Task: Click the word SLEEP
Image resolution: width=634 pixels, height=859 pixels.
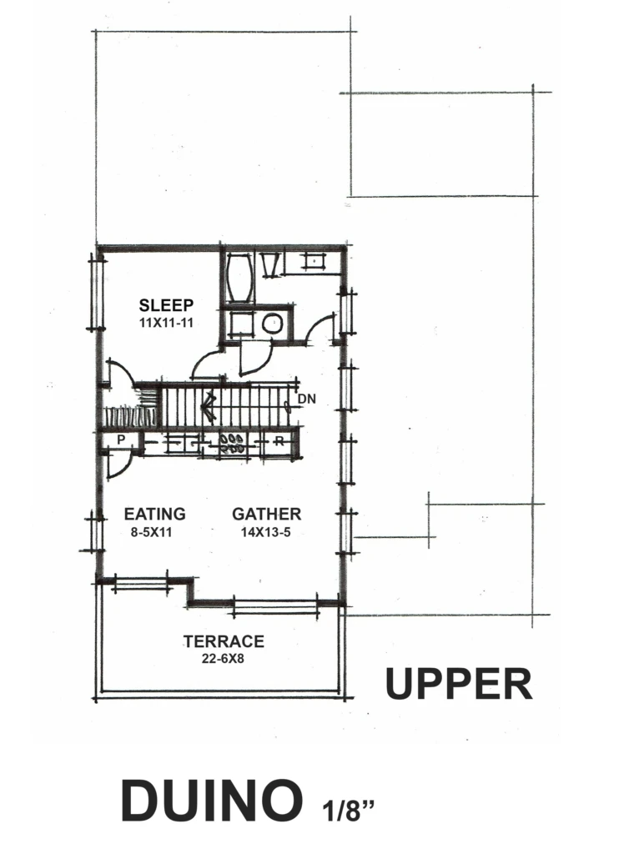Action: pos(166,304)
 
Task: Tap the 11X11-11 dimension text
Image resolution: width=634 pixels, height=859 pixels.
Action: pos(166,322)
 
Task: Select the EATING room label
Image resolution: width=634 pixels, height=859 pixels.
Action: pos(154,514)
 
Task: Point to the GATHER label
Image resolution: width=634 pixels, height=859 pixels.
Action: pos(266,514)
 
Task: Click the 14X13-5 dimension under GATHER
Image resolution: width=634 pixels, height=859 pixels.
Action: pos(266,532)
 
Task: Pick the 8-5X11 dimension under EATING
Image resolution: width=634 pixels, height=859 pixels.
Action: pos(151,532)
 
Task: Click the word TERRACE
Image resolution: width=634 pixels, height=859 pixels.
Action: pos(224,641)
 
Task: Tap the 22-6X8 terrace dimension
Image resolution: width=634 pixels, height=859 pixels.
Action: pos(223,659)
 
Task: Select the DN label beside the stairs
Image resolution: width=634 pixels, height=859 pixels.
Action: pos(307,399)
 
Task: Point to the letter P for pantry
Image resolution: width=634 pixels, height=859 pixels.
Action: pos(121,440)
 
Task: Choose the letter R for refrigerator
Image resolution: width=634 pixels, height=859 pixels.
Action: pos(279,440)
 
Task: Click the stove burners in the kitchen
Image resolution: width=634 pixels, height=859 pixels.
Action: pos(232,444)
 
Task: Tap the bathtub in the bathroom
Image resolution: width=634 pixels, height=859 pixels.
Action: pos(239,277)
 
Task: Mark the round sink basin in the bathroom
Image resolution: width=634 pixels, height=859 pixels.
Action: pos(271,324)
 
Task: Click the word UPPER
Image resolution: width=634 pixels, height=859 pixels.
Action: pos(459,684)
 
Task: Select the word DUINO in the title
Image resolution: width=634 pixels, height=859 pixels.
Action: pos(212,801)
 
